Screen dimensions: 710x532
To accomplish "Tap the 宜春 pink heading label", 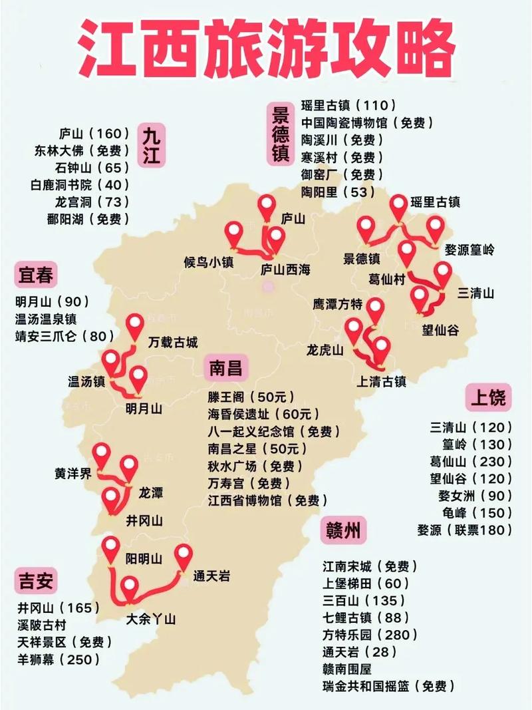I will click(x=35, y=274).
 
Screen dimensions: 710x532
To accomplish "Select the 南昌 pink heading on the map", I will click(x=225, y=368).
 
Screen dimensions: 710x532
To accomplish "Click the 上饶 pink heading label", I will click(x=489, y=397).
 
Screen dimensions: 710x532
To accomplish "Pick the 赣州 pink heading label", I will click(x=343, y=530).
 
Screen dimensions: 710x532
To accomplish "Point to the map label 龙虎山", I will click(x=325, y=349).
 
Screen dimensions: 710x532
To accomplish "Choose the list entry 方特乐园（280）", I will click(x=370, y=635).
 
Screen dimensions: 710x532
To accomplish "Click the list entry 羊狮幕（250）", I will click(x=59, y=659).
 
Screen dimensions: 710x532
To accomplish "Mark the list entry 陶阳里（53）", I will click(x=337, y=192).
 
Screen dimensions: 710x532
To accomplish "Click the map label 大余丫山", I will click(x=151, y=619).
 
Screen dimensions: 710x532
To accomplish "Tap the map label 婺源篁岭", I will click(x=469, y=250).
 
